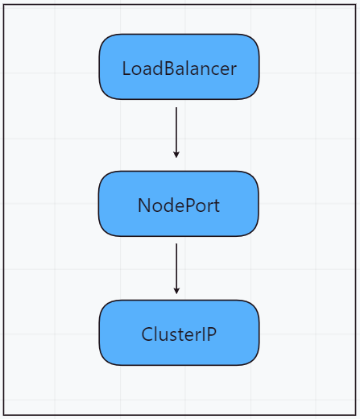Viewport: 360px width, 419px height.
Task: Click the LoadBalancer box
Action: coord(179,67)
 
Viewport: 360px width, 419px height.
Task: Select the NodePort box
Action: coord(179,204)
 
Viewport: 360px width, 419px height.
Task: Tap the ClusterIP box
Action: coord(179,333)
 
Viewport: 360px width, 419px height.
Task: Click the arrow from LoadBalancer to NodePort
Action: coord(176,132)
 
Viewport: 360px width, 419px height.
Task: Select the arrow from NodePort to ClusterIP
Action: coord(176,268)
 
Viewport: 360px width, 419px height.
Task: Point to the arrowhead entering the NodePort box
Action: coord(176,155)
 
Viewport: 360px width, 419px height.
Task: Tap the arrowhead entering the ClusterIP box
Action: coord(176,291)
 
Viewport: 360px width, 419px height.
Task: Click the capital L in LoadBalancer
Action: coord(127,68)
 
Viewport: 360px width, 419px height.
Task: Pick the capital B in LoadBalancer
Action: coord(169,68)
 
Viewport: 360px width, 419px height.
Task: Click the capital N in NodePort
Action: coord(144,205)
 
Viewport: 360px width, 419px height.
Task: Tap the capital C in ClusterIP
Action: coord(147,334)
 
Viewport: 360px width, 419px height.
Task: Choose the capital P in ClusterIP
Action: coord(211,334)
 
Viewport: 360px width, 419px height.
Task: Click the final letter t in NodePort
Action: coord(217,206)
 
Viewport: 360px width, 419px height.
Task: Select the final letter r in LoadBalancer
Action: coord(233,70)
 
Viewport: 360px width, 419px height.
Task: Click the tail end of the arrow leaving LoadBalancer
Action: coord(176,107)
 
